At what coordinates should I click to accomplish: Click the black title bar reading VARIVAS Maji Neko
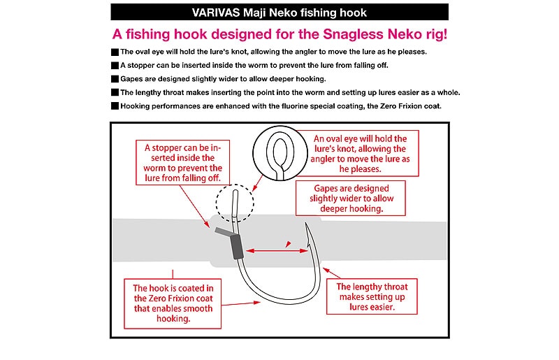click(x=279, y=13)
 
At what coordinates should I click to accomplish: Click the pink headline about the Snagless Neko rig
click(x=279, y=34)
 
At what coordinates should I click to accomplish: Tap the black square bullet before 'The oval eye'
click(x=115, y=52)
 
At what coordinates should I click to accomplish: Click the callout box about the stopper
click(x=182, y=163)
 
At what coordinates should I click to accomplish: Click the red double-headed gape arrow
click(x=273, y=248)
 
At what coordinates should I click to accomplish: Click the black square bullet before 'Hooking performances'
click(x=115, y=106)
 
